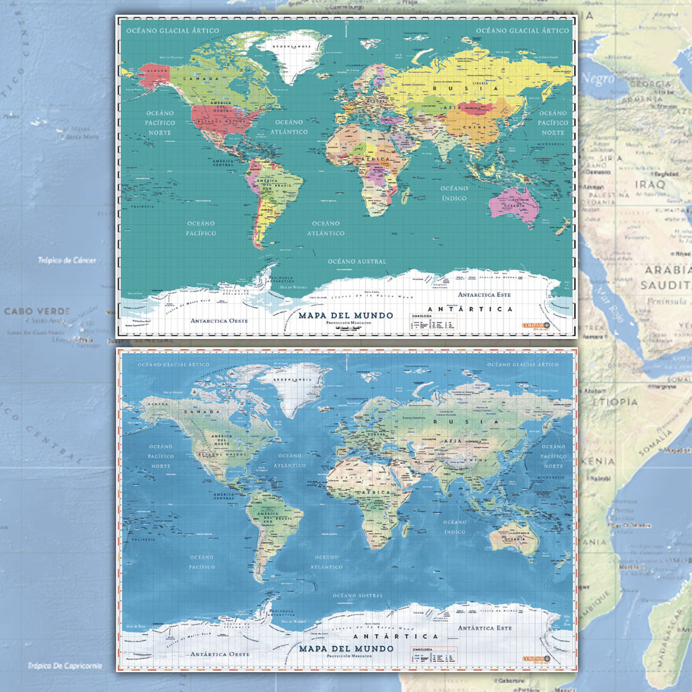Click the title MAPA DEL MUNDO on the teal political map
[x=345, y=315]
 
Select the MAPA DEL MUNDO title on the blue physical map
[x=346, y=648]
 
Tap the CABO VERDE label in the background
[x=37, y=311]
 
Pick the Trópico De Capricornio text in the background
[x=64, y=666]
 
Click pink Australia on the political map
[x=514, y=204]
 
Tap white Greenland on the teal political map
[x=295, y=55]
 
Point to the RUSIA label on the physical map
[x=487, y=422]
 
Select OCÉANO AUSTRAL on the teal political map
[x=357, y=262]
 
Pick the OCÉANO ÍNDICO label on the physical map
[x=454, y=527]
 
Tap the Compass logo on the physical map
[x=537, y=659]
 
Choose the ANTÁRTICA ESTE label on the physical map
[x=486, y=627]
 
